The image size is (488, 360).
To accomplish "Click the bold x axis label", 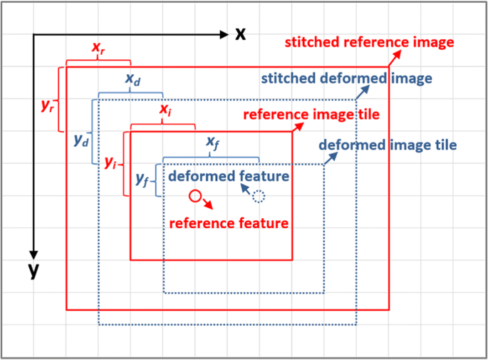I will (x=242, y=34).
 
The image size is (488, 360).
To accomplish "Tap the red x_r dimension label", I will (x=98, y=48).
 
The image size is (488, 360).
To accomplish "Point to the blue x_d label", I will (x=133, y=80).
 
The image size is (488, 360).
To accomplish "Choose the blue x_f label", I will (x=212, y=143).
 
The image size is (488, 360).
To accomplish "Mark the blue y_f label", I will (x=142, y=181).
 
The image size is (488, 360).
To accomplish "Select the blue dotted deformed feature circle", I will (x=258, y=197).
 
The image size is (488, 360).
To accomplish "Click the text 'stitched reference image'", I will (x=368, y=43).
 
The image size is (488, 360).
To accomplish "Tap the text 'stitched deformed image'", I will (x=346, y=78).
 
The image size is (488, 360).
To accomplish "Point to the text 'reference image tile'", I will (x=310, y=115).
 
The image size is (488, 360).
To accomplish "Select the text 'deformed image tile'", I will (x=388, y=145).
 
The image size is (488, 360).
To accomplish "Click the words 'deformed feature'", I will (x=228, y=175).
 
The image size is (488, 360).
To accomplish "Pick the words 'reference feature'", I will (x=228, y=223).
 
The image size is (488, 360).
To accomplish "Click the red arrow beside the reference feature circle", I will (x=207, y=204).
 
